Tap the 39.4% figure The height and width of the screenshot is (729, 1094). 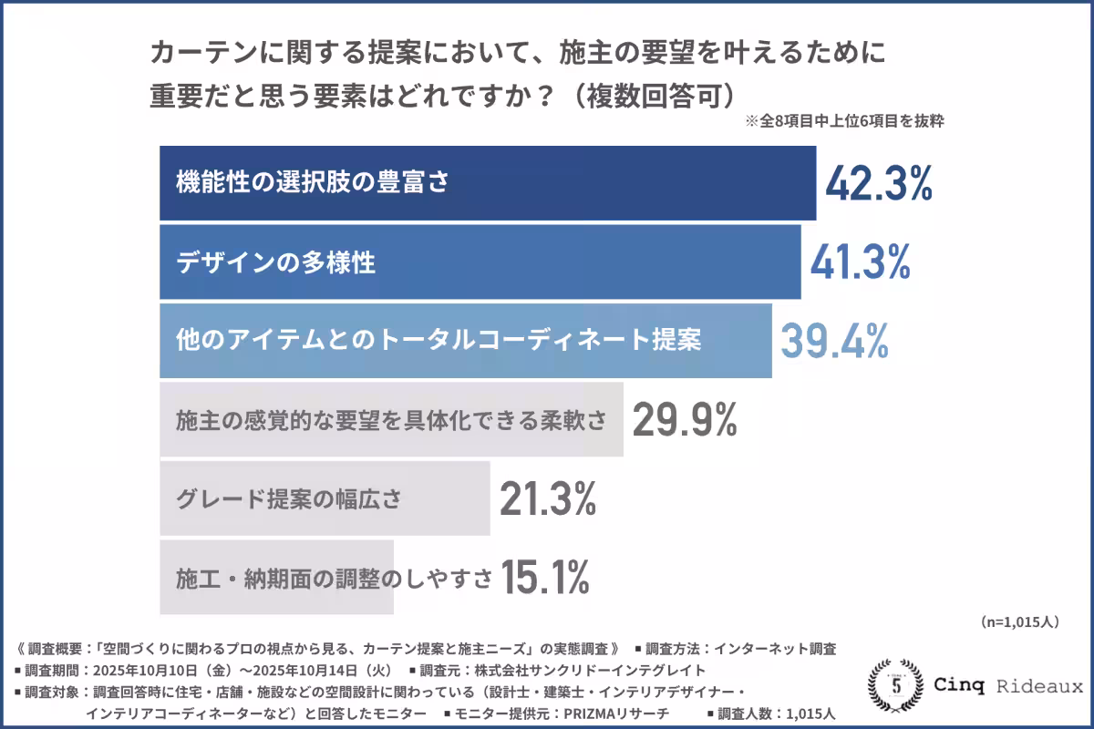(x=834, y=341)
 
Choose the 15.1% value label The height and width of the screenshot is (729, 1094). (x=544, y=577)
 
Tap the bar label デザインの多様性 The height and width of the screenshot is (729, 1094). (x=275, y=262)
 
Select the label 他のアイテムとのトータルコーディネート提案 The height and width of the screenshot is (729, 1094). (x=438, y=341)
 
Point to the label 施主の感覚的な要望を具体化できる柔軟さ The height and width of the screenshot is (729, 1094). (x=390, y=420)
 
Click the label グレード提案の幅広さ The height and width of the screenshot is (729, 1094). (x=288, y=499)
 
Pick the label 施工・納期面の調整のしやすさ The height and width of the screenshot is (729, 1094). (x=334, y=578)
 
